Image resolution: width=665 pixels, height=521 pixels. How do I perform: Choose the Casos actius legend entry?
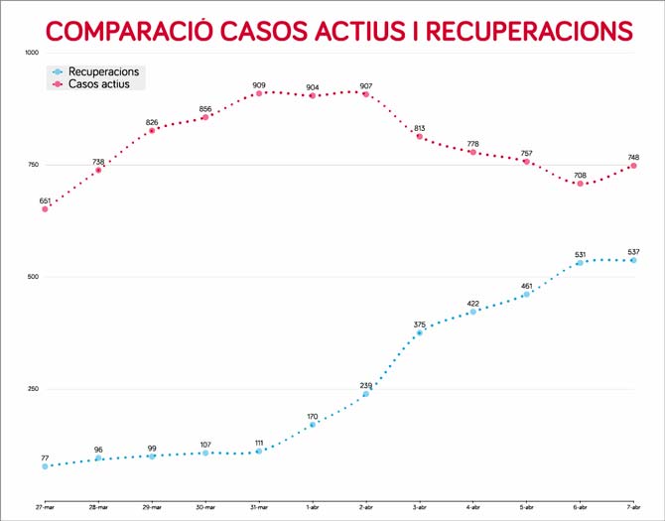coord(94,84)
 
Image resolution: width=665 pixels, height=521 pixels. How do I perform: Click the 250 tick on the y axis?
coord(33,389)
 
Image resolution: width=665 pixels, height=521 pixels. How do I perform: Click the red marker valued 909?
coord(259,93)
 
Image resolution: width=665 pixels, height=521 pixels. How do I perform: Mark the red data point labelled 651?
coord(45,208)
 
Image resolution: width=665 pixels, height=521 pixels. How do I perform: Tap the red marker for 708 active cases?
coord(580,184)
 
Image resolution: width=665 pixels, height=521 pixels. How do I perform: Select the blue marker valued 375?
coord(420,332)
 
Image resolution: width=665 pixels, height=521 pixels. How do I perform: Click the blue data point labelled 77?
coord(45,466)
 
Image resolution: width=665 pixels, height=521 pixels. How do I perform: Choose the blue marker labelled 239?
coord(366,394)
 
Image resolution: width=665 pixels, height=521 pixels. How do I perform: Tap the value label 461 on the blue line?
coord(526,286)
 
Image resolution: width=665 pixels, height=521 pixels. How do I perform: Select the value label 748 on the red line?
coord(633,156)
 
